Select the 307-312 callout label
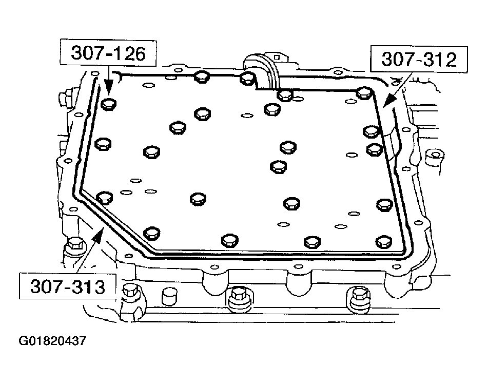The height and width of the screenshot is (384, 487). click(x=418, y=60)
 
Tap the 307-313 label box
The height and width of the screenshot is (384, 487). click(x=67, y=286)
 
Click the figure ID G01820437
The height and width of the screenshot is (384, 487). click(x=53, y=340)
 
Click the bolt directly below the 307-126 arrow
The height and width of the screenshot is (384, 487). click(x=108, y=104)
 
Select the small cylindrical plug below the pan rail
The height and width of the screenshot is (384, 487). click(x=169, y=297)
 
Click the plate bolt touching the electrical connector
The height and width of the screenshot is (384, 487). click(x=247, y=78)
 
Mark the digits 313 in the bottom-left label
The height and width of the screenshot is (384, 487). click(x=87, y=286)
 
